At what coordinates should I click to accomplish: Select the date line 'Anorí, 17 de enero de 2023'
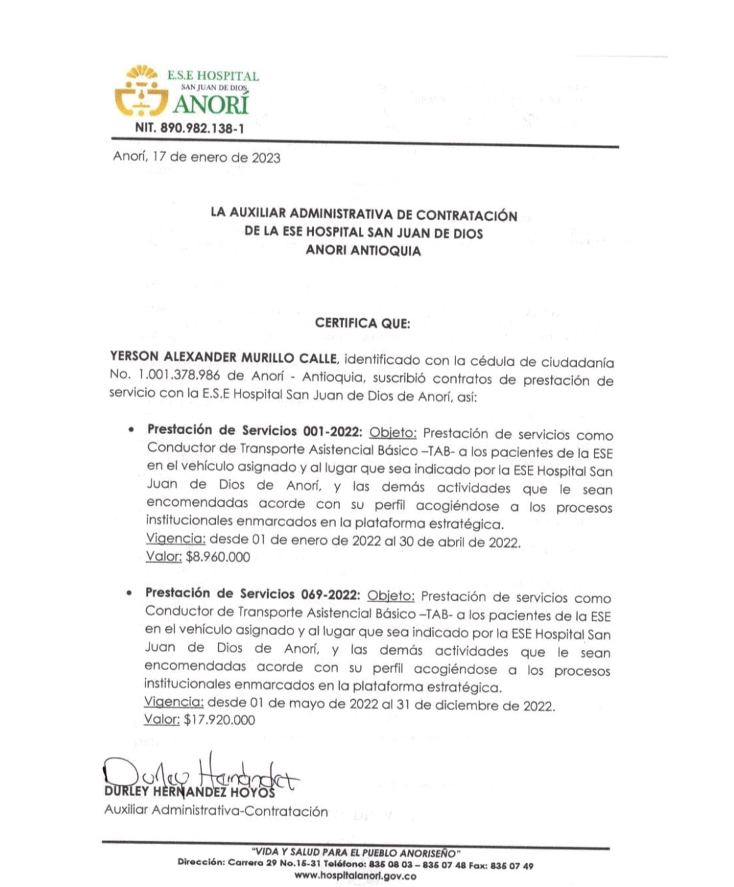pos(196,158)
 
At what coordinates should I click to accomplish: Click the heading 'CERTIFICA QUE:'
pos(362,323)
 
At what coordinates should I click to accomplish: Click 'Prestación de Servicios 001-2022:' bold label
pos(256,431)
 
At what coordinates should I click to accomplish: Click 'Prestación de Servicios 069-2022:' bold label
pos(253,594)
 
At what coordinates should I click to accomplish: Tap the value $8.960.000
pos(217,557)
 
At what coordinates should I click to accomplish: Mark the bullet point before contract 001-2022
pos(131,431)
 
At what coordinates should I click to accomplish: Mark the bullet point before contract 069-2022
pos(129,594)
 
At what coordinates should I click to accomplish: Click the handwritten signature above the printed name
pos(200,774)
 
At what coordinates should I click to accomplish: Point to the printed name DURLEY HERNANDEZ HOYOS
pos(190,793)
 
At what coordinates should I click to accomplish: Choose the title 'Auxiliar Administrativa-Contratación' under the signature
pos(215,811)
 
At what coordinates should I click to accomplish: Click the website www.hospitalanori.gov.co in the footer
pos(355,876)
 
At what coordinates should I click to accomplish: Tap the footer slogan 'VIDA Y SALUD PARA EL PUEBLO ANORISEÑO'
pos(355,853)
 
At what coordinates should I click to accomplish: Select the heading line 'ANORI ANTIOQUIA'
pos(363,250)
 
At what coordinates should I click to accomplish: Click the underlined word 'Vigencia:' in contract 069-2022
pos(174,702)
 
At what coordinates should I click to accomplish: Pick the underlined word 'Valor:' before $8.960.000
pos(164,557)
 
